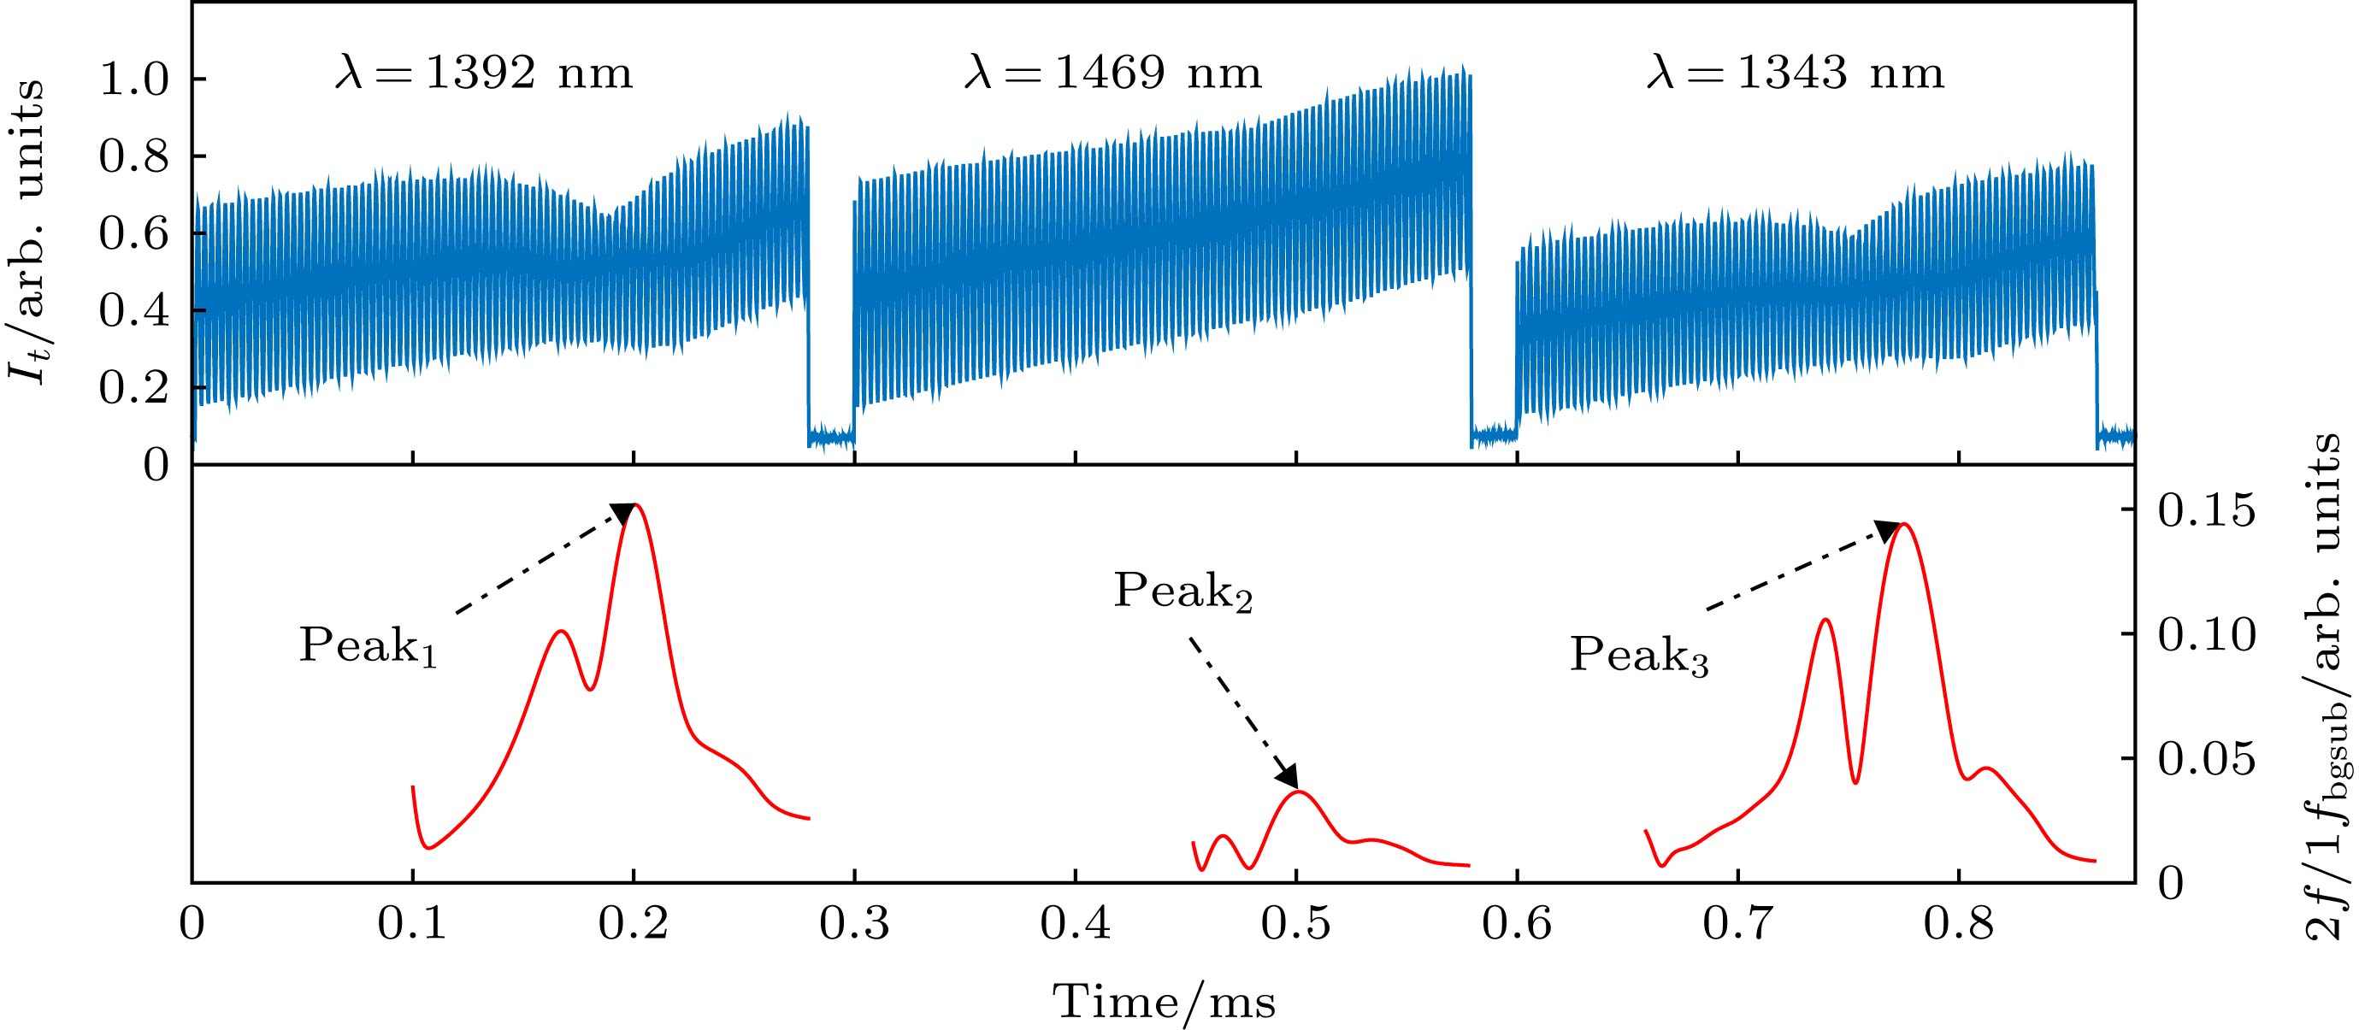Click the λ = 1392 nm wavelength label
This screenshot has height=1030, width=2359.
(x=482, y=73)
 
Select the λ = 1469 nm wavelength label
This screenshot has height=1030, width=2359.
(x=1112, y=73)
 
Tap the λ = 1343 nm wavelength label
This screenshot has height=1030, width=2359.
(x=1795, y=73)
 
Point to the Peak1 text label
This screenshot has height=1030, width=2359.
(x=367, y=646)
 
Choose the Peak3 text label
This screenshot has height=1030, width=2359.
(x=1639, y=656)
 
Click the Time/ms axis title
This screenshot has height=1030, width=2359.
(x=1164, y=1002)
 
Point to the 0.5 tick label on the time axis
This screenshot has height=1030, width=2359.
(x=1296, y=924)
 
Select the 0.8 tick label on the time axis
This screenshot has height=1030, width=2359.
(x=1959, y=924)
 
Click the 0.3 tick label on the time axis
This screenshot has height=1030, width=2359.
(x=853, y=924)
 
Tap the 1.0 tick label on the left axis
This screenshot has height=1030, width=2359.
(x=134, y=80)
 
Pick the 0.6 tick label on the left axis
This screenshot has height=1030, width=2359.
(x=134, y=234)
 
